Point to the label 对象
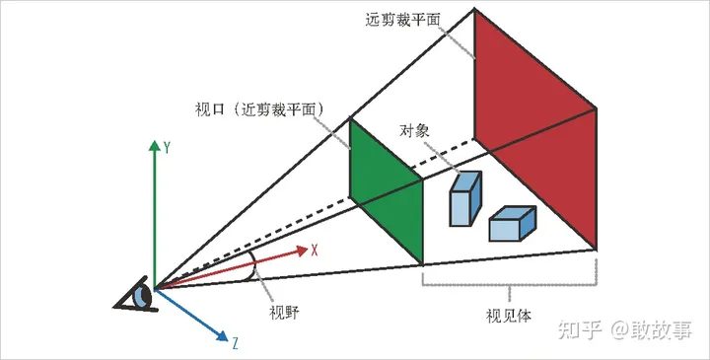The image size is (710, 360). coord(415,130)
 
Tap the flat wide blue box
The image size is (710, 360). coord(512,224)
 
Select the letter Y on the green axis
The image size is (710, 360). coord(168,148)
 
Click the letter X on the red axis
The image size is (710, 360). coord(314,251)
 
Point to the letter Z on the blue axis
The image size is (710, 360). coord(236,344)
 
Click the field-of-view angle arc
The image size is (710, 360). coord(255,264)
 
